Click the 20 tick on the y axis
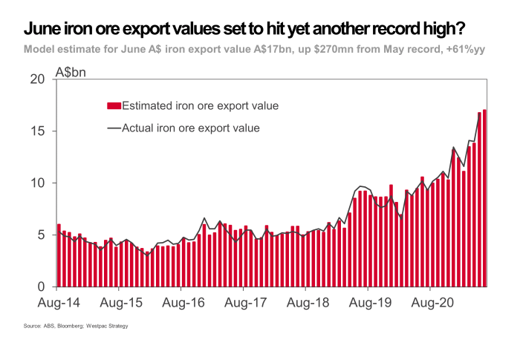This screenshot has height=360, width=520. coord(39,79)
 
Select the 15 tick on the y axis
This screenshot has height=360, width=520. coord(39,131)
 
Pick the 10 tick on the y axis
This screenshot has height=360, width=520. coord(39,183)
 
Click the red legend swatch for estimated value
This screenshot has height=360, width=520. coord(114,105)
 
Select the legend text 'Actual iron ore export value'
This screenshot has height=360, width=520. coord(190,128)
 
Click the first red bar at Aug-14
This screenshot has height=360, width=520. coord(59,255)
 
